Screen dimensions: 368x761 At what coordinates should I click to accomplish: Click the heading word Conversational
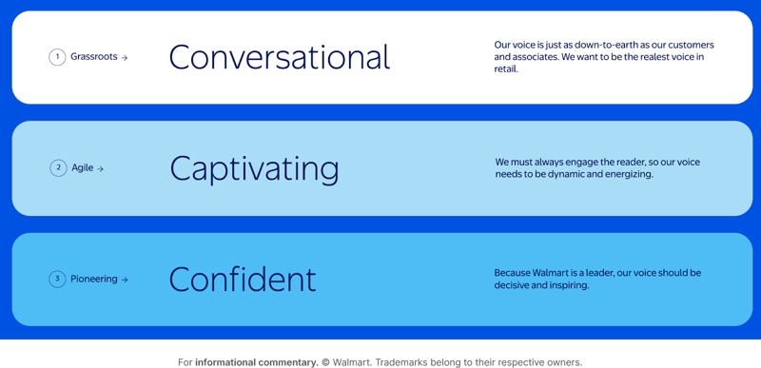click(x=279, y=58)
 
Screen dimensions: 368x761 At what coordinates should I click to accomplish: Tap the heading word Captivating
click(x=254, y=169)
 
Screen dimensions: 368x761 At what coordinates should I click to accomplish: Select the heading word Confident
click(x=242, y=280)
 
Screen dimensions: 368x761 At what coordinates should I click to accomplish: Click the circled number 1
click(x=57, y=57)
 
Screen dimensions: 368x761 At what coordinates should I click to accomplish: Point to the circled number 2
click(x=58, y=168)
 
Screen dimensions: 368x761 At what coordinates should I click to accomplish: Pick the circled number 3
click(x=57, y=280)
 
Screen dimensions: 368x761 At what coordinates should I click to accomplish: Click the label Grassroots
click(x=93, y=57)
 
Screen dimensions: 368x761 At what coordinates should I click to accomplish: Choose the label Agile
click(x=83, y=168)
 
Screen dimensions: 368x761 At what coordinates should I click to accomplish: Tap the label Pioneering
click(x=93, y=280)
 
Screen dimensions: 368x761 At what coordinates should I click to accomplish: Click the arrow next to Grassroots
click(x=125, y=58)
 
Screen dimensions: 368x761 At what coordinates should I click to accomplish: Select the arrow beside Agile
click(x=101, y=169)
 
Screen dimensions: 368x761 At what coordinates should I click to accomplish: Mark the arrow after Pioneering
click(x=125, y=281)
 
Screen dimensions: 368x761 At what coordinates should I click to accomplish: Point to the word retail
click(x=505, y=69)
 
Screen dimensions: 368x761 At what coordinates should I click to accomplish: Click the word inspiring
click(x=567, y=286)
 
